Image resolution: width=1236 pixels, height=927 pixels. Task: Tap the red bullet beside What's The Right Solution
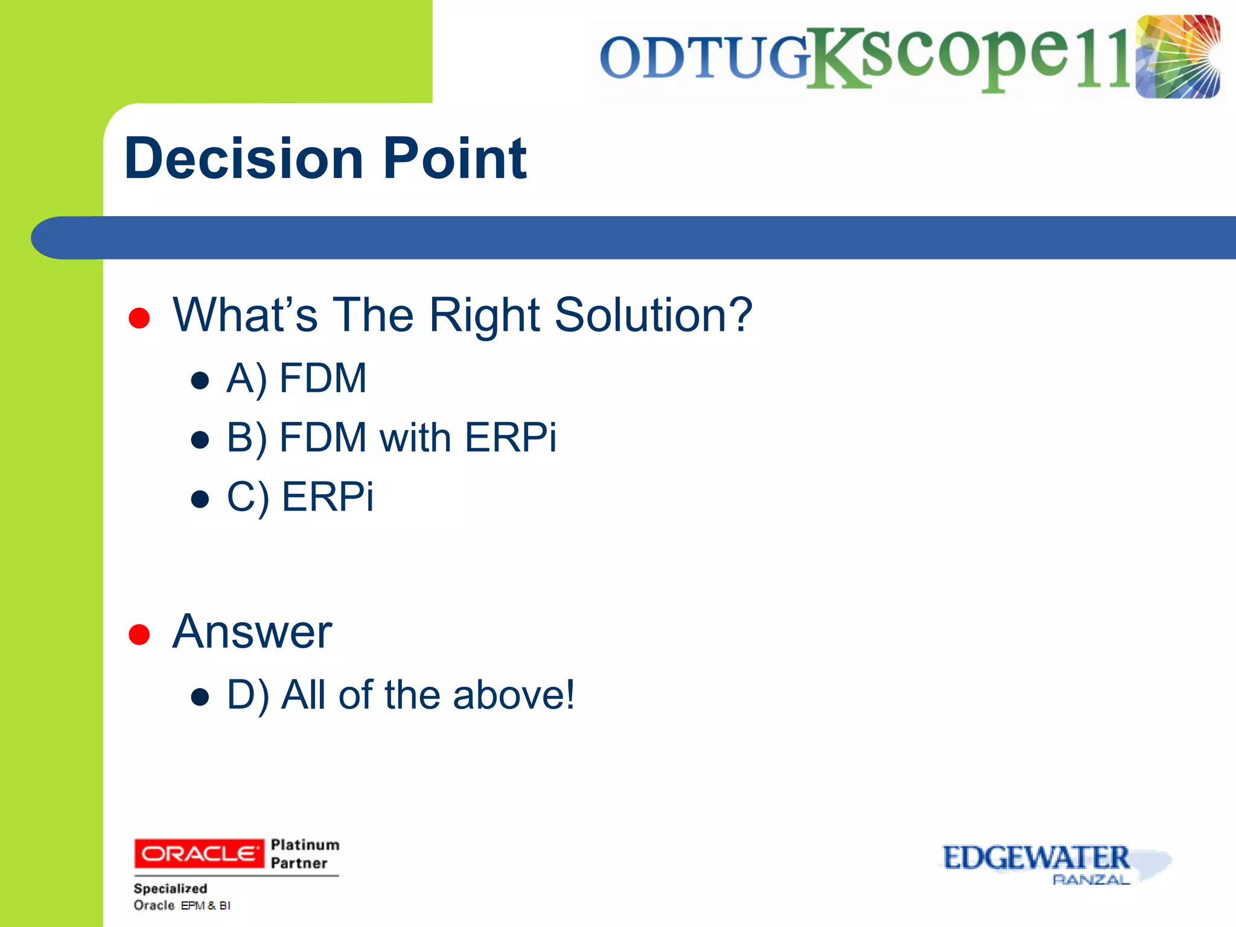coord(139,318)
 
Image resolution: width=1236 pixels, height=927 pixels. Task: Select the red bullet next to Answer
coord(139,634)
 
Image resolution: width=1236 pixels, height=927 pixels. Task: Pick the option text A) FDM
coord(296,378)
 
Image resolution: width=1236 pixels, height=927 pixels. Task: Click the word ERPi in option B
coord(511,438)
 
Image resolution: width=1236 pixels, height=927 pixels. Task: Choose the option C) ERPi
coord(300,497)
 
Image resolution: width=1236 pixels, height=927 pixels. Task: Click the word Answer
coord(252,632)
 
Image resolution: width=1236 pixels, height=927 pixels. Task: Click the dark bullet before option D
coord(200,698)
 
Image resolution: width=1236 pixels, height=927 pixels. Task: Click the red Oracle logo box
coord(199,853)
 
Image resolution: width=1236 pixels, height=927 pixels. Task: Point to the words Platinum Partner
coord(305,853)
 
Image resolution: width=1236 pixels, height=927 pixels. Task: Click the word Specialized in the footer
coord(170,888)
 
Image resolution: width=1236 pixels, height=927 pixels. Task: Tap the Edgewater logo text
coord(1036,858)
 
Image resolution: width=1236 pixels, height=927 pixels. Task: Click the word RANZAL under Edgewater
coord(1091,880)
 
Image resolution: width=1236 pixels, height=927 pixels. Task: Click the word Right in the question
coord(485,315)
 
